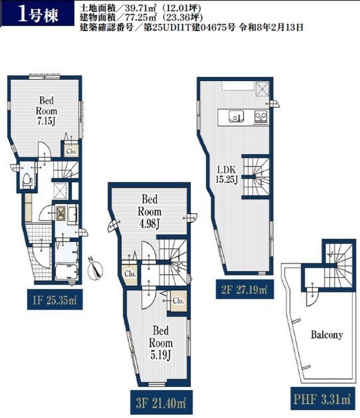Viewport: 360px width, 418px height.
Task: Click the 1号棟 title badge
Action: [37, 14]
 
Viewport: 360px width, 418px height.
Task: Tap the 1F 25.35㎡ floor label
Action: [55, 300]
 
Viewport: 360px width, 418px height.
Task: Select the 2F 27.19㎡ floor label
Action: [244, 289]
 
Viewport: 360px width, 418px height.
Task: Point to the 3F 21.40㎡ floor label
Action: [161, 403]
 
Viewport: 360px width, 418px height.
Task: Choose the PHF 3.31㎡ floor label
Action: [323, 399]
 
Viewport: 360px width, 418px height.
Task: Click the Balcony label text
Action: [327, 334]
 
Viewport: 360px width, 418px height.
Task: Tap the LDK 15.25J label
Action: [226, 175]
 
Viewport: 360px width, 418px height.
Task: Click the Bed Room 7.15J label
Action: [47, 111]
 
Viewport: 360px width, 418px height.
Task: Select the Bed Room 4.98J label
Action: [149, 212]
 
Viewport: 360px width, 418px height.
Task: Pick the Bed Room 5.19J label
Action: [160, 343]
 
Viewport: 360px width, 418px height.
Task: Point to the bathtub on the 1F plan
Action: [67, 272]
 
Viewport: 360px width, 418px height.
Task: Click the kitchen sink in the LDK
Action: [236, 116]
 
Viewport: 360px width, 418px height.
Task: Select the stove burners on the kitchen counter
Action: [261, 117]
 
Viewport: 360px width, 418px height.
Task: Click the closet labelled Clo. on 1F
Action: [71, 151]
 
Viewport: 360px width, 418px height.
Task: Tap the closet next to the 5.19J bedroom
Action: [178, 301]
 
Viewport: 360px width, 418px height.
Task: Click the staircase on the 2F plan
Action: [256, 177]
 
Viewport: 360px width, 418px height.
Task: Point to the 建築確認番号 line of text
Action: [191, 28]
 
